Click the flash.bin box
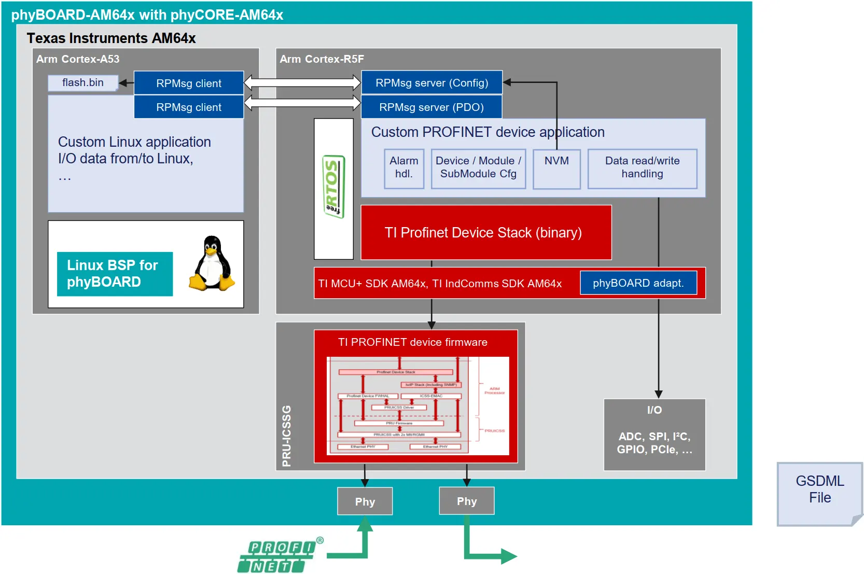83,83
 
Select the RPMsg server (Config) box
431,83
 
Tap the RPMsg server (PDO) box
431,107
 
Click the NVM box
556,169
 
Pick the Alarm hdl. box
404,168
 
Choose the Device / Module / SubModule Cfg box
478,168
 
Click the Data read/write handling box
642,168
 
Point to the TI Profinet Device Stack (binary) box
485,232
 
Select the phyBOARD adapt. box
638,283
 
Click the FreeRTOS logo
333,187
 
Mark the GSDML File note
819,493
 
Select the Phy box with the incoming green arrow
365,501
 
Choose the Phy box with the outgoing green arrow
466,501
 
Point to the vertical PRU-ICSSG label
286,436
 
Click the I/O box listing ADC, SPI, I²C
654,435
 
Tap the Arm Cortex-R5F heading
322,59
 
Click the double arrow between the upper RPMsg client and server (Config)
302,82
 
